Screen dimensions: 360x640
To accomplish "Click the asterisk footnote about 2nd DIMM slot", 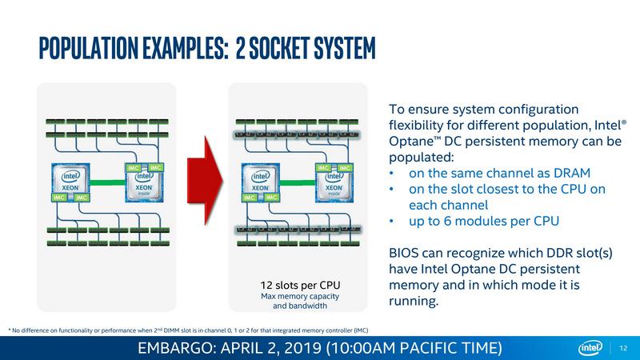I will click(x=187, y=330).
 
